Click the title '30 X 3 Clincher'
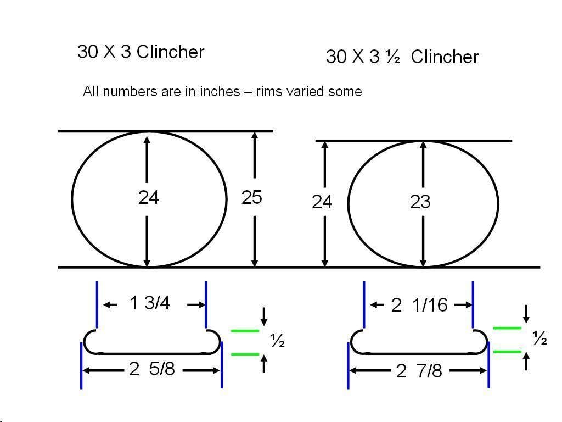(x=141, y=52)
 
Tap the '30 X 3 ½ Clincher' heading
(x=402, y=57)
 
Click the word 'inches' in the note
(x=220, y=92)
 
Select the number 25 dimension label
(x=251, y=197)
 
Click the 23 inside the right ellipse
(x=420, y=202)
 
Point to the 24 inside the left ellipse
(x=148, y=197)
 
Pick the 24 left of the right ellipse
(x=322, y=202)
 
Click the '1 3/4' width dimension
(x=149, y=303)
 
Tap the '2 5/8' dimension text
(x=151, y=369)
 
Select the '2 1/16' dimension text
(x=419, y=305)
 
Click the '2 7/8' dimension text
(x=419, y=371)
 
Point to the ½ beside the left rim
(x=277, y=340)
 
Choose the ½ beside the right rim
(x=540, y=338)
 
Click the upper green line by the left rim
(x=245, y=330)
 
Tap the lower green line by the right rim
(x=507, y=351)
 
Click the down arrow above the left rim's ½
(x=264, y=316)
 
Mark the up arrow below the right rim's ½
(x=526, y=361)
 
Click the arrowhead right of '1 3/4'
(x=201, y=305)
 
